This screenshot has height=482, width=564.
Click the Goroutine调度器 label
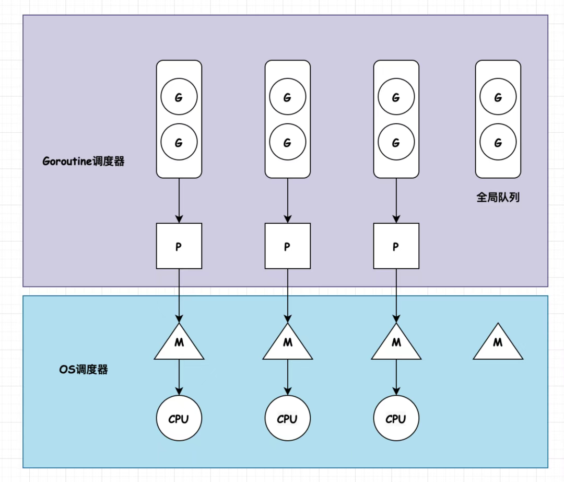click(84, 161)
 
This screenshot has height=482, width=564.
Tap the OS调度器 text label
click(84, 369)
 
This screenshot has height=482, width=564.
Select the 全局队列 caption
click(498, 197)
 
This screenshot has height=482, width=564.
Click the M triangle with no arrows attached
click(498, 344)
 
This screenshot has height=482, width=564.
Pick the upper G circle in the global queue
click(498, 97)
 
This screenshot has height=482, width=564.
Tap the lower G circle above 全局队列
click(498, 142)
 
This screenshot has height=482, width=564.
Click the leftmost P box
click(179, 246)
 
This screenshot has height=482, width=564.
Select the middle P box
click(288, 246)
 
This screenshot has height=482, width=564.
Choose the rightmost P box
click(396, 246)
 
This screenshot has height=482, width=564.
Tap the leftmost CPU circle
click(179, 418)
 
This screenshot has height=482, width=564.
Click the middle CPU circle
click(288, 418)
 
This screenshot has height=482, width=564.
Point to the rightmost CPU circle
click(396, 418)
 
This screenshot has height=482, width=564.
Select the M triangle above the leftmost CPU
click(179, 344)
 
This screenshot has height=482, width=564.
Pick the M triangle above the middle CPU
click(288, 344)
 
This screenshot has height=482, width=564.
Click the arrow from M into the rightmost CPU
click(396, 377)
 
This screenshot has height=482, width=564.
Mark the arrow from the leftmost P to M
click(179, 296)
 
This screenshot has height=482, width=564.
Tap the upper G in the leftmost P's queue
click(179, 97)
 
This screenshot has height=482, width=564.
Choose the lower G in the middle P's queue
click(288, 142)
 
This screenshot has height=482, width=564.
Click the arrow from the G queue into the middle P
click(288, 201)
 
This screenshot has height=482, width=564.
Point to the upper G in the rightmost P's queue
click(396, 97)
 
